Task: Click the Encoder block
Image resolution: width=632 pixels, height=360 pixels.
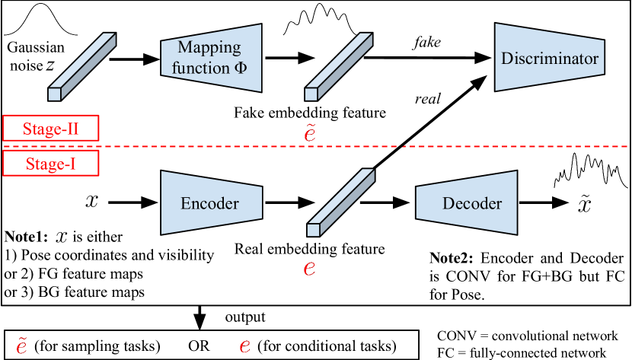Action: click(211, 203)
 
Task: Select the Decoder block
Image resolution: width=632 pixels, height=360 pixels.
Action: click(467, 203)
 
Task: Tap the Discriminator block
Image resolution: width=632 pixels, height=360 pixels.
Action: click(550, 59)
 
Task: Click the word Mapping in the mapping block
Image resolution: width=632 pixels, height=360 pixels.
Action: click(209, 47)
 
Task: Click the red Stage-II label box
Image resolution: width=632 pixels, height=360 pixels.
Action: click(51, 128)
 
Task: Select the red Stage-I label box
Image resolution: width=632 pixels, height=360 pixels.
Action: click(51, 164)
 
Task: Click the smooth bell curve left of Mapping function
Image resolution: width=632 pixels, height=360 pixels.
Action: click(42, 21)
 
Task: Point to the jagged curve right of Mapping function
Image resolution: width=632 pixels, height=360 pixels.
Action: click(320, 22)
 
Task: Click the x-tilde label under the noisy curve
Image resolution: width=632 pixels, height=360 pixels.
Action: click(583, 204)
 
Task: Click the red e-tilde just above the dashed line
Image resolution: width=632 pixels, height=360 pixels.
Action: click(310, 134)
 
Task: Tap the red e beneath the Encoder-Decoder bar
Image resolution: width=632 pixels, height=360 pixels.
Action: click(309, 268)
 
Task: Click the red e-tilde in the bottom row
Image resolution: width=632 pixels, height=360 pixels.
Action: click(22, 346)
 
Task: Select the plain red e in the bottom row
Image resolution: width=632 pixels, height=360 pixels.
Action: click(244, 346)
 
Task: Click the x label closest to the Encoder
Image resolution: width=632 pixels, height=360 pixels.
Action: click(91, 202)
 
